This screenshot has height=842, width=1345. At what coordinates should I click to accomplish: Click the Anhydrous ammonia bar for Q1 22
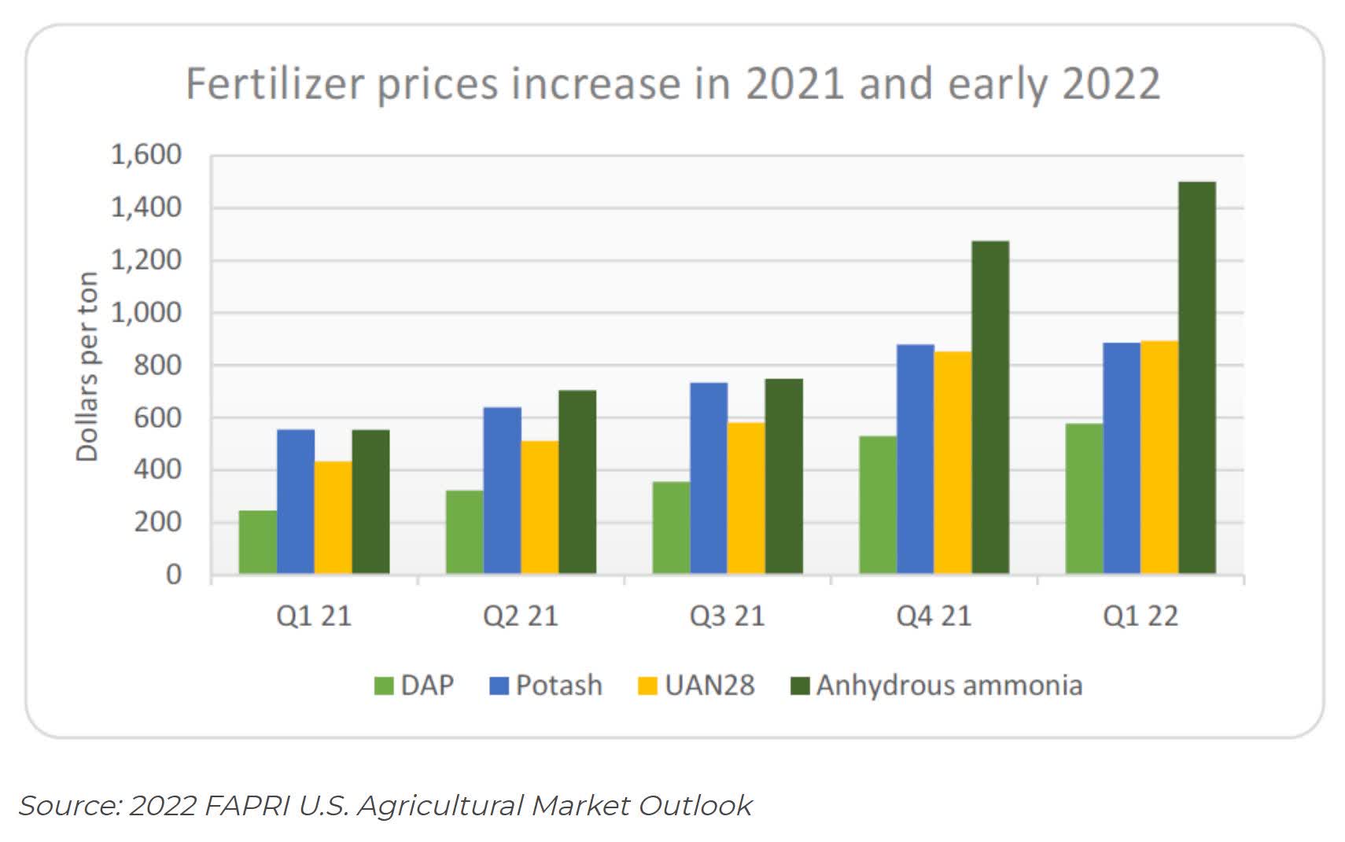click(1196, 377)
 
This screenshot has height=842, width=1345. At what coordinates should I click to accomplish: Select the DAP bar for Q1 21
click(257, 542)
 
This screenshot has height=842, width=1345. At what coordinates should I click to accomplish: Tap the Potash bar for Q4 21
click(915, 459)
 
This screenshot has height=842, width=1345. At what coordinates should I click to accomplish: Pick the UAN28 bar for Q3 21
click(746, 498)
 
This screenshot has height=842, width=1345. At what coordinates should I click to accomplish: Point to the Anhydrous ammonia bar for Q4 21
click(989, 407)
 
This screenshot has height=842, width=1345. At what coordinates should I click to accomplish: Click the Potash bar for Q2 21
click(502, 490)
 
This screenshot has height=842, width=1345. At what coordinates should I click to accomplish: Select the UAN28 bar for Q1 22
click(1159, 457)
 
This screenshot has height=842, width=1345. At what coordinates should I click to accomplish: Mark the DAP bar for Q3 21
click(671, 527)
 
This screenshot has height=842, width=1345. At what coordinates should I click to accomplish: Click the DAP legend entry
click(415, 685)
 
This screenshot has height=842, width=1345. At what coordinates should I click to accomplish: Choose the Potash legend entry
click(546, 685)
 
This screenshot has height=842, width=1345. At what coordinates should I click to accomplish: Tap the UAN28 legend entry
click(696, 685)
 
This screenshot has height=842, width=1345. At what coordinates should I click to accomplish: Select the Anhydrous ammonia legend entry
click(936, 685)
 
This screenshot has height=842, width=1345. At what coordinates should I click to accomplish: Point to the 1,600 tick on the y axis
click(146, 155)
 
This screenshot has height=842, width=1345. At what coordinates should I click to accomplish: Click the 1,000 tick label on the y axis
click(146, 313)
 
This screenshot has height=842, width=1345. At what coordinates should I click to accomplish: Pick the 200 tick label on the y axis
click(157, 522)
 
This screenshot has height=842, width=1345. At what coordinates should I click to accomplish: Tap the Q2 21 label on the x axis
click(521, 616)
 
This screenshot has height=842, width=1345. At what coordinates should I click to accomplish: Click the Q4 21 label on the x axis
click(934, 616)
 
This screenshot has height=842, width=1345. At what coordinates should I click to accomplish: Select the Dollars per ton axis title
click(87, 366)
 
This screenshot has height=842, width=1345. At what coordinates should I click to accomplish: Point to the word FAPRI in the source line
click(248, 806)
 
